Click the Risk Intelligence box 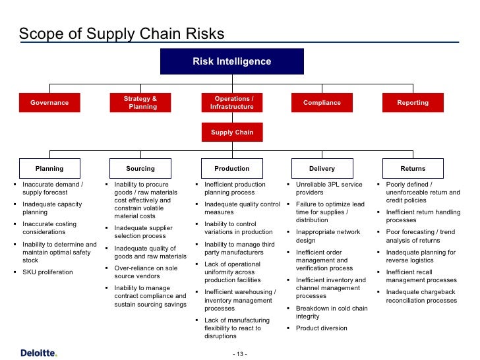231,61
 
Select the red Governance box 49,103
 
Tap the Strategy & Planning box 140,103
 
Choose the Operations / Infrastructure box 231,103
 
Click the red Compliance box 322,103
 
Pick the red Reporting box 413,103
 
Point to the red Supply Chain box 231,132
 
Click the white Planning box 49,169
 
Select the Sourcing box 140,169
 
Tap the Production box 231,169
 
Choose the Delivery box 322,169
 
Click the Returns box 413,169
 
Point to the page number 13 240,354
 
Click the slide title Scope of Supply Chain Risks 121,34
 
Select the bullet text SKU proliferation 47,272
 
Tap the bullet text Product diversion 321,328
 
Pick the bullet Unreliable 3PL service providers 328,189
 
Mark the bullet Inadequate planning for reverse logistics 421,256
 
